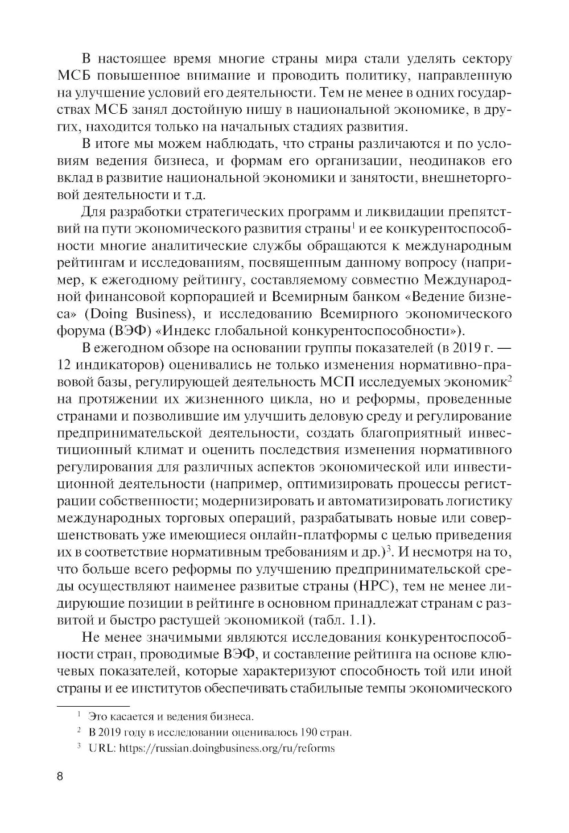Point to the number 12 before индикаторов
pyautogui.click(x=67, y=364)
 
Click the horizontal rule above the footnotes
pyautogui.click(x=94, y=705)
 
